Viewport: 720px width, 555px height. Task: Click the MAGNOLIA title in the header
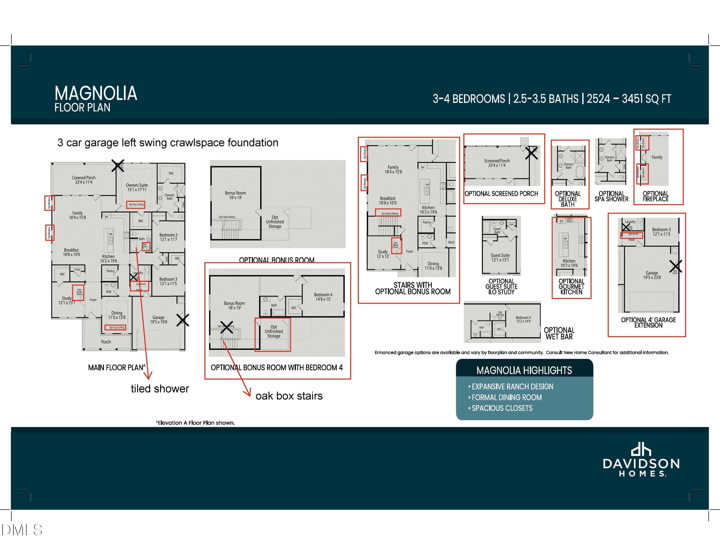click(x=96, y=93)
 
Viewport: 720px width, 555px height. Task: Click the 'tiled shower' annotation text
click(x=160, y=389)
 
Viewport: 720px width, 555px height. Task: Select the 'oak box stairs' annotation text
click(x=289, y=396)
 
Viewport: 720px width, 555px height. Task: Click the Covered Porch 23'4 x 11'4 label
click(x=84, y=180)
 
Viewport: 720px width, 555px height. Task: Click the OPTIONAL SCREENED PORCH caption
click(x=501, y=194)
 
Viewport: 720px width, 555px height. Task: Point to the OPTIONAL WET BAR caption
click(x=559, y=333)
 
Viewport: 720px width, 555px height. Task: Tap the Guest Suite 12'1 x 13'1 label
click(x=500, y=257)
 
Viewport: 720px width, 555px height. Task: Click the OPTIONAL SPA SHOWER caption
click(x=611, y=197)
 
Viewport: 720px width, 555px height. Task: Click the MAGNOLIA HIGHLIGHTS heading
click(x=524, y=370)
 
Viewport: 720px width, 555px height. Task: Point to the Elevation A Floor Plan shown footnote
click(x=195, y=423)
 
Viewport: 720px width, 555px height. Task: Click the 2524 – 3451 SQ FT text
click(x=629, y=99)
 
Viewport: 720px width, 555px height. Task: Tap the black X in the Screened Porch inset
click(x=531, y=153)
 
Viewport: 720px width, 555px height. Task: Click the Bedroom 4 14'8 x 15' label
click(x=323, y=297)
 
